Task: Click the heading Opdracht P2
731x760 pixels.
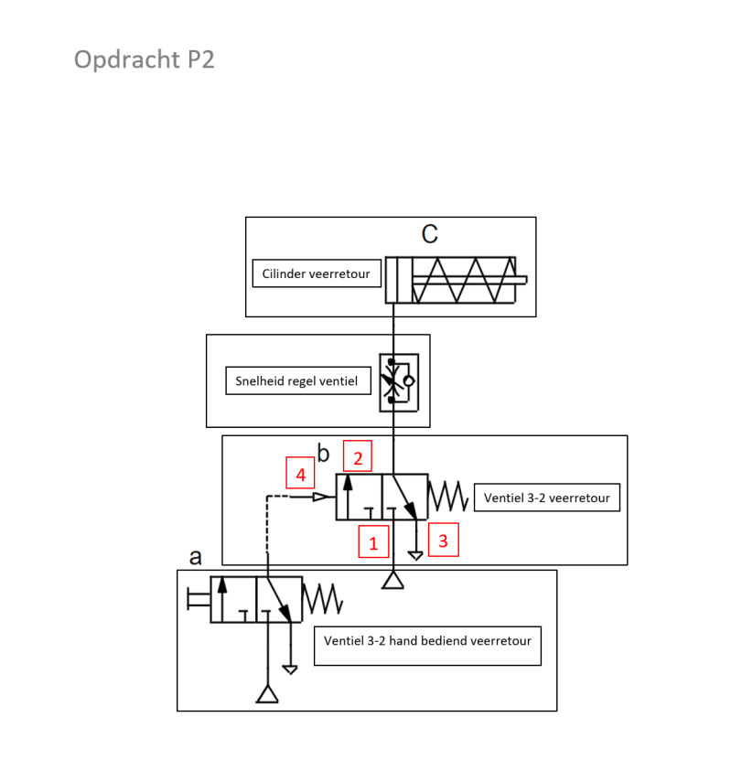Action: [144, 59]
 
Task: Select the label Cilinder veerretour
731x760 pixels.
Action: [316, 273]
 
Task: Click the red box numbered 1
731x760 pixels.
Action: [372, 541]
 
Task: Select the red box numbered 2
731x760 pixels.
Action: [359, 457]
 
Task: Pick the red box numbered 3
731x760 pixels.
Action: [443, 541]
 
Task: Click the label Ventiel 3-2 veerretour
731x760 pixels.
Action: [547, 498]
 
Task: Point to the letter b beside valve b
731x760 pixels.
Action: [323, 452]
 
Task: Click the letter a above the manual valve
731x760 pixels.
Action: [195, 556]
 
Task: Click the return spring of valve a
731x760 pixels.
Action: [322, 599]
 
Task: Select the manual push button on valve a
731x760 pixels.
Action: [197, 599]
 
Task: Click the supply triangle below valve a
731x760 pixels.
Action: [267, 694]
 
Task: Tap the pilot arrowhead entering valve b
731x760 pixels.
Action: [321, 497]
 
